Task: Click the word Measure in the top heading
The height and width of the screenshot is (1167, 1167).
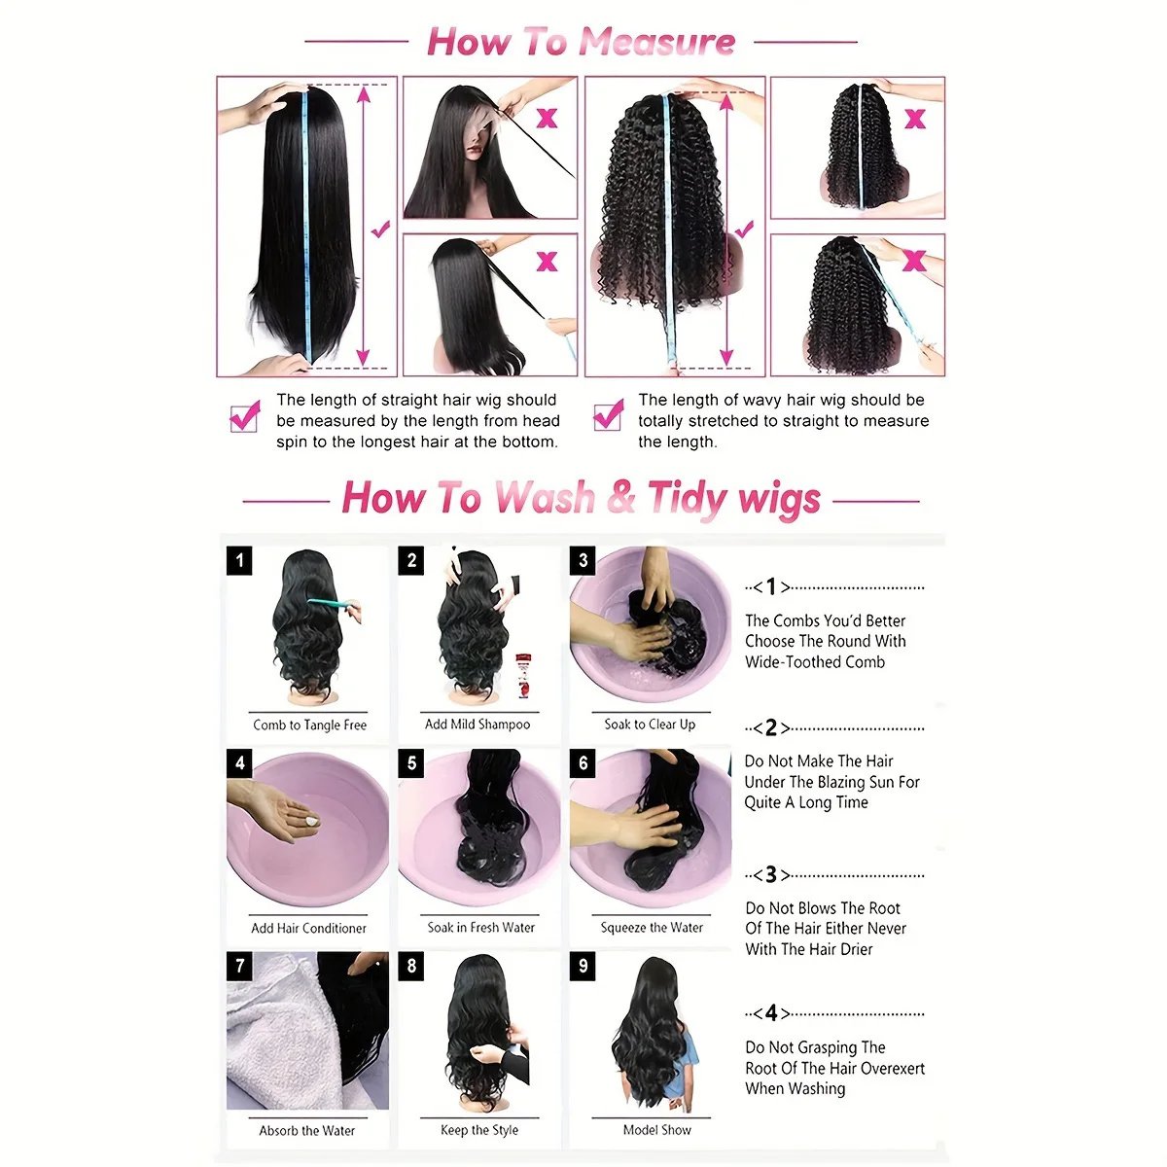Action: click(x=657, y=43)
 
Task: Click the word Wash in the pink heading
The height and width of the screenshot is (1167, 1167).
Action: click(x=545, y=498)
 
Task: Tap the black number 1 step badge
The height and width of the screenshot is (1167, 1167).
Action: click(x=239, y=560)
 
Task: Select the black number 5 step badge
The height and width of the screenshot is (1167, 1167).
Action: click(x=411, y=763)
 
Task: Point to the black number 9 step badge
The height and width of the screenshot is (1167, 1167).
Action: click(x=583, y=966)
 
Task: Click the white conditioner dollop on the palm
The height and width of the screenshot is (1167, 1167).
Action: click(x=311, y=821)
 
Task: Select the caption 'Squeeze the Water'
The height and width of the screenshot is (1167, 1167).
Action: click(x=652, y=927)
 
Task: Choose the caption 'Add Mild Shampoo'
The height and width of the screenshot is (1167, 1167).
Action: click(x=477, y=725)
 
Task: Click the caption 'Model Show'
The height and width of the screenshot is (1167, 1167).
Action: click(x=657, y=1129)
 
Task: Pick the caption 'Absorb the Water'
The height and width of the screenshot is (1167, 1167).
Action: click(x=307, y=1130)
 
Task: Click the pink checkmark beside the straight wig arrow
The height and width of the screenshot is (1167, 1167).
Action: click(x=380, y=229)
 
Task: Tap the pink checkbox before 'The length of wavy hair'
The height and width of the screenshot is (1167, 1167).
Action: click(x=609, y=415)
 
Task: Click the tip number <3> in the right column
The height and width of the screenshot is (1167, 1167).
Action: click(x=771, y=874)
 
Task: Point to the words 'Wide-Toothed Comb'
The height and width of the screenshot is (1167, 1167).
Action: click(x=815, y=662)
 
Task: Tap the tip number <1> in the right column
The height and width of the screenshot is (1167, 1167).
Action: click(x=771, y=586)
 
